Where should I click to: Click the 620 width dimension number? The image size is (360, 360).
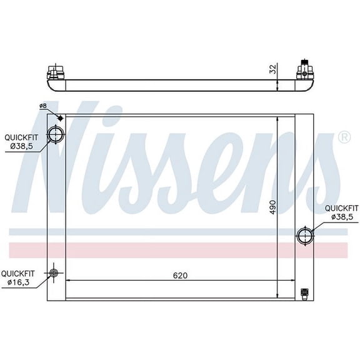click(x=180, y=275)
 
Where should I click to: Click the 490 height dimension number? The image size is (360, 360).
click(x=271, y=207)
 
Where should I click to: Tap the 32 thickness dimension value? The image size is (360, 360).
click(x=272, y=69)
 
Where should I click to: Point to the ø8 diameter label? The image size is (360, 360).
click(x=42, y=106)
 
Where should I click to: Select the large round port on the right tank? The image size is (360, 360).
click(x=305, y=236)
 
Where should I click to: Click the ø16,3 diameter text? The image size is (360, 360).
click(x=19, y=282)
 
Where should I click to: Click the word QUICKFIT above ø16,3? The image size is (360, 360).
click(x=19, y=273)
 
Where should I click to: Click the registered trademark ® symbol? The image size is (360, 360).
click(x=343, y=136)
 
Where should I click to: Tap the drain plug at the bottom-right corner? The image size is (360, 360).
click(x=304, y=292)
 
